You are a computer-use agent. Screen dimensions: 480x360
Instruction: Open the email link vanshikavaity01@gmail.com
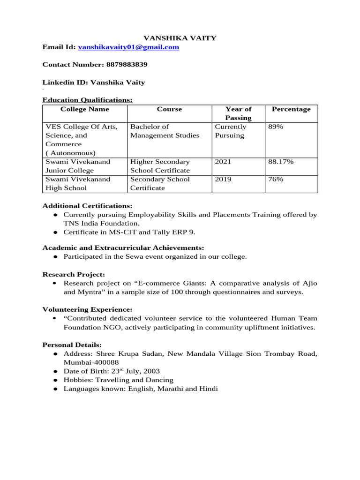coord(128,47)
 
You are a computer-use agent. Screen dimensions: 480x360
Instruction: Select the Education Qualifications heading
coord(88,99)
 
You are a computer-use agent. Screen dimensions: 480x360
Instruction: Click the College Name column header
coord(85,109)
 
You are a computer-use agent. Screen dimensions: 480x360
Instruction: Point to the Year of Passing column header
coord(238,113)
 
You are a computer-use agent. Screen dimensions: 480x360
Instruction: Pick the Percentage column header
coord(291,109)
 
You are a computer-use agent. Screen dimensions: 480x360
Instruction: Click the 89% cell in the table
coord(276,127)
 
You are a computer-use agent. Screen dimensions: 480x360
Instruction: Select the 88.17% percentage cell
coord(281,162)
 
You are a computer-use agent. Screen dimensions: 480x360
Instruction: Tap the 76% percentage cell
coord(276,179)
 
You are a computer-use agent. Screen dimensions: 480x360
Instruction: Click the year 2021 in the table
coord(223,162)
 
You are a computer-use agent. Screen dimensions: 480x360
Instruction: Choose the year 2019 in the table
coord(223,179)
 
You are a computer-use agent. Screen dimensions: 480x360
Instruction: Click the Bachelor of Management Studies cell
coord(165,131)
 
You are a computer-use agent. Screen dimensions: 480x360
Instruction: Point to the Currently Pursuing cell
coord(230,131)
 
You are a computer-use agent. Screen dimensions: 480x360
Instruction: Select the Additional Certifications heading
coord(88,206)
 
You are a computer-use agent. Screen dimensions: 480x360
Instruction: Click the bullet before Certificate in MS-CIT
coord(55,232)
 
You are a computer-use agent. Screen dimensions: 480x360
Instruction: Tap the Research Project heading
coord(74,274)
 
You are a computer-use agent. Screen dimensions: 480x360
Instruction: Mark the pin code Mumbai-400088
coord(91,362)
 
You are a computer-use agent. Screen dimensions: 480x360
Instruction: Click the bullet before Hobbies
coord(55,380)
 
